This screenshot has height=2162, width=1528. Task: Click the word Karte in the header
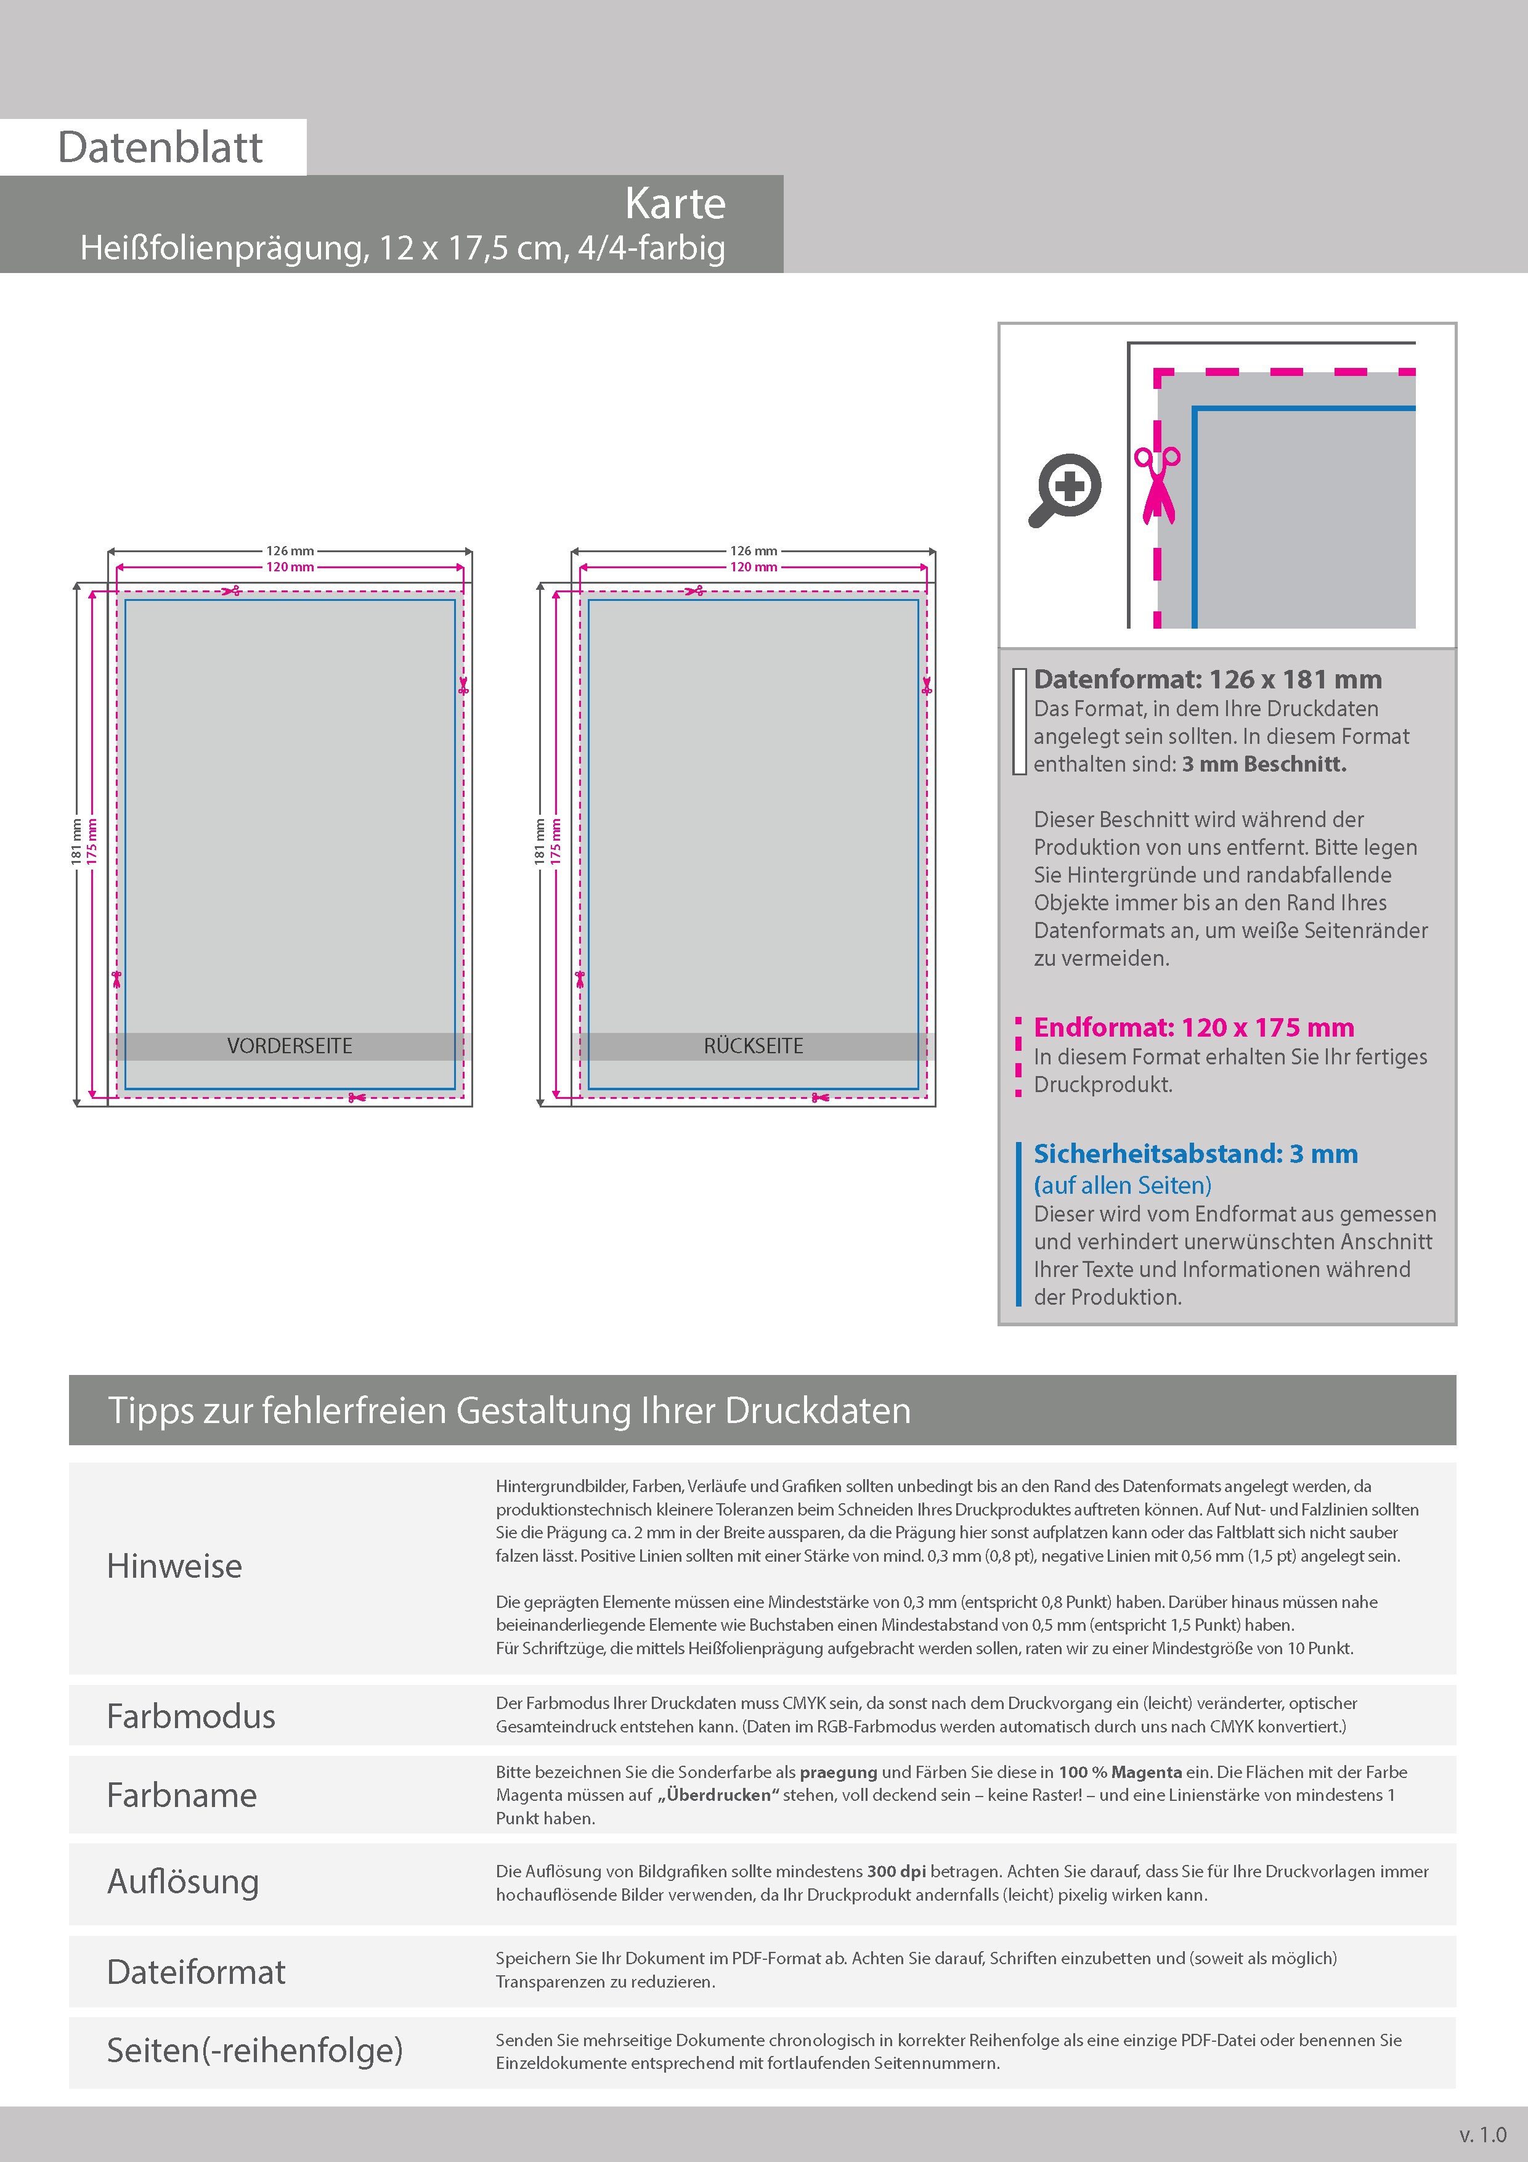pyautogui.click(x=675, y=203)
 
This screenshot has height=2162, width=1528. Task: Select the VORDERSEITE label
pyautogui.click(x=290, y=1046)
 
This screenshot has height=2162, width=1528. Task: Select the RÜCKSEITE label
pyautogui.click(x=753, y=1046)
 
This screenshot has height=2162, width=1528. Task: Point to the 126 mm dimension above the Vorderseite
pyautogui.click(x=290, y=551)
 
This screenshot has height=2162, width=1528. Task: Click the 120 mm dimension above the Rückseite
pyautogui.click(x=753, y=567)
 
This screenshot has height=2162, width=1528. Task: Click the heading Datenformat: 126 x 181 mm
pyautogui.click(x=1208, y=679)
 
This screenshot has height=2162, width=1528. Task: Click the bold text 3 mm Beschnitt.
pyautogui.click(x=1264, y=765)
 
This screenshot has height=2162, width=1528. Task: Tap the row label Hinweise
pyautogui.click(x=174, y=1566)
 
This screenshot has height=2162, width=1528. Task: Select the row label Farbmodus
pyautogui.click(x=191, y=1716)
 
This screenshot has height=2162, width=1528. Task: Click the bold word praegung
pyautogui.click(x=838, y=1772)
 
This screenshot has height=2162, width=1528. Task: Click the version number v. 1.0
pyautogui.click(x=1483, y=2135)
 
